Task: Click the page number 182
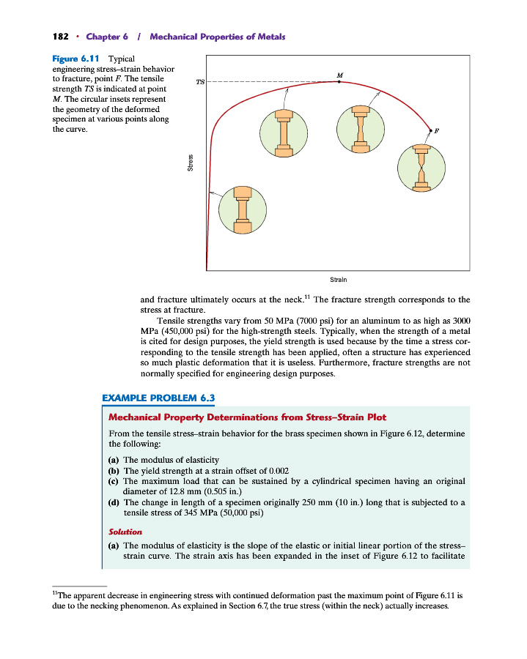pyautogui.click(x=60, y=37)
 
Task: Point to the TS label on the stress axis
pyautogui.click(x=200, y=82)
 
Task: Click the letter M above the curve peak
pyautogui.click(x=339, y=74)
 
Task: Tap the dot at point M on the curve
pyautogui.click(x=339, y=82)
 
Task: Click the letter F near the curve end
pyautogui.click(x=437, y=130)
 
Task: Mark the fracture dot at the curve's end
pyautogui.click(x=430, y=130)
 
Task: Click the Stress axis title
pyautogui.click(x=191, y=163)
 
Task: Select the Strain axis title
pyautogui.click(x=338, y=279)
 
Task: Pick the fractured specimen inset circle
pyautogui.click(x=421, y=168)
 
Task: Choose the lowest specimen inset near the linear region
pyautogui.click(x=243, y=210)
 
